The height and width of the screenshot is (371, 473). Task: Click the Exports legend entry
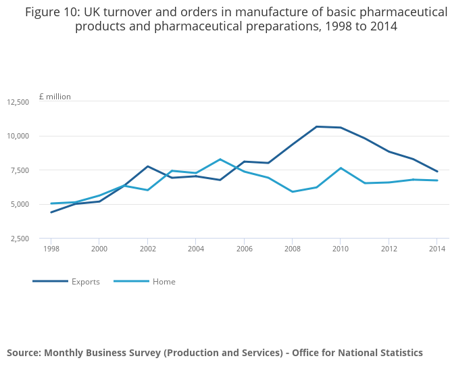coord(85,282)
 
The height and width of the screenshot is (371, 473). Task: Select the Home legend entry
coord(164,282)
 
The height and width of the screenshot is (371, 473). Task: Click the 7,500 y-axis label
coord(20,170)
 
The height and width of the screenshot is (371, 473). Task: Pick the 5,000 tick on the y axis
coord(20,204)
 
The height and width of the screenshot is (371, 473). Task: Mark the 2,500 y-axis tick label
coord(20,239)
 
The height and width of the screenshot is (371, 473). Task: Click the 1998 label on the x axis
coord(51,249)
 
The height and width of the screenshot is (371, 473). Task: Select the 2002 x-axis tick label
coord(147,249)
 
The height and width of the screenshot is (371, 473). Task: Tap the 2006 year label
coord(244,249)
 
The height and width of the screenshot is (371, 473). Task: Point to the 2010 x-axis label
coord(341,249)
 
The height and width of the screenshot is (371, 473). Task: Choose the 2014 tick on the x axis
coord(437,249)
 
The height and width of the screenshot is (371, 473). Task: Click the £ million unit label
coord(55,97)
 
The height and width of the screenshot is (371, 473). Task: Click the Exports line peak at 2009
coord(316,126)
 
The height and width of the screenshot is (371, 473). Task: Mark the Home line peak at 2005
coord(220,159)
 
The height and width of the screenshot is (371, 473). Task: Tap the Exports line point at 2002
coord(147,166)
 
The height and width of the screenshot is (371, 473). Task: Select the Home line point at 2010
coord(341,168)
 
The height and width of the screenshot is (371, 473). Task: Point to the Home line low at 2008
coord(293,191)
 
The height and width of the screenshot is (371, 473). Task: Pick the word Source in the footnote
coord(23,353)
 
